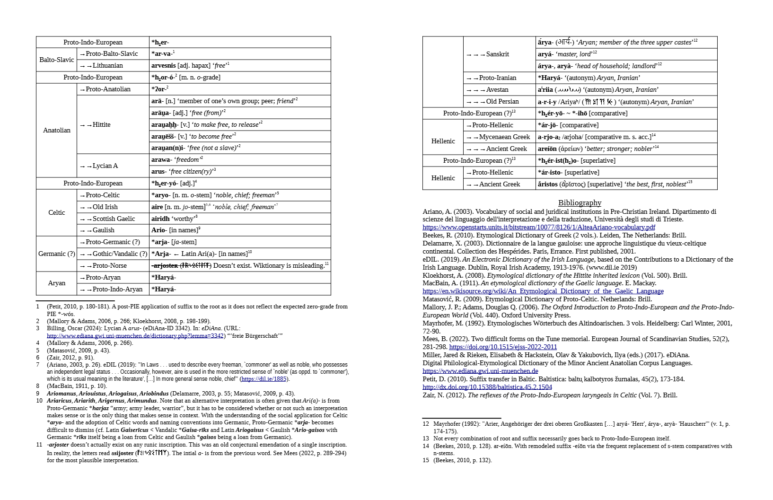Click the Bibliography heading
click(580, 203)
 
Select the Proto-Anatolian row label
click(108, 89)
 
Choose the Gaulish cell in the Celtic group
click(103, 230)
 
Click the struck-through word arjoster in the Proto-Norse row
click(165, 266)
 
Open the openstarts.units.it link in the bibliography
click(538, 228)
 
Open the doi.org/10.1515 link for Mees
click(503, 347)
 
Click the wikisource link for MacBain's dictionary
click(543, 291)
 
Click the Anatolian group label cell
click(57, 131)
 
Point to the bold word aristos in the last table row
click(548, 184)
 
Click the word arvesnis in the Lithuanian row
click(164, 66)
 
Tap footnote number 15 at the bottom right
click(426, 460)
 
